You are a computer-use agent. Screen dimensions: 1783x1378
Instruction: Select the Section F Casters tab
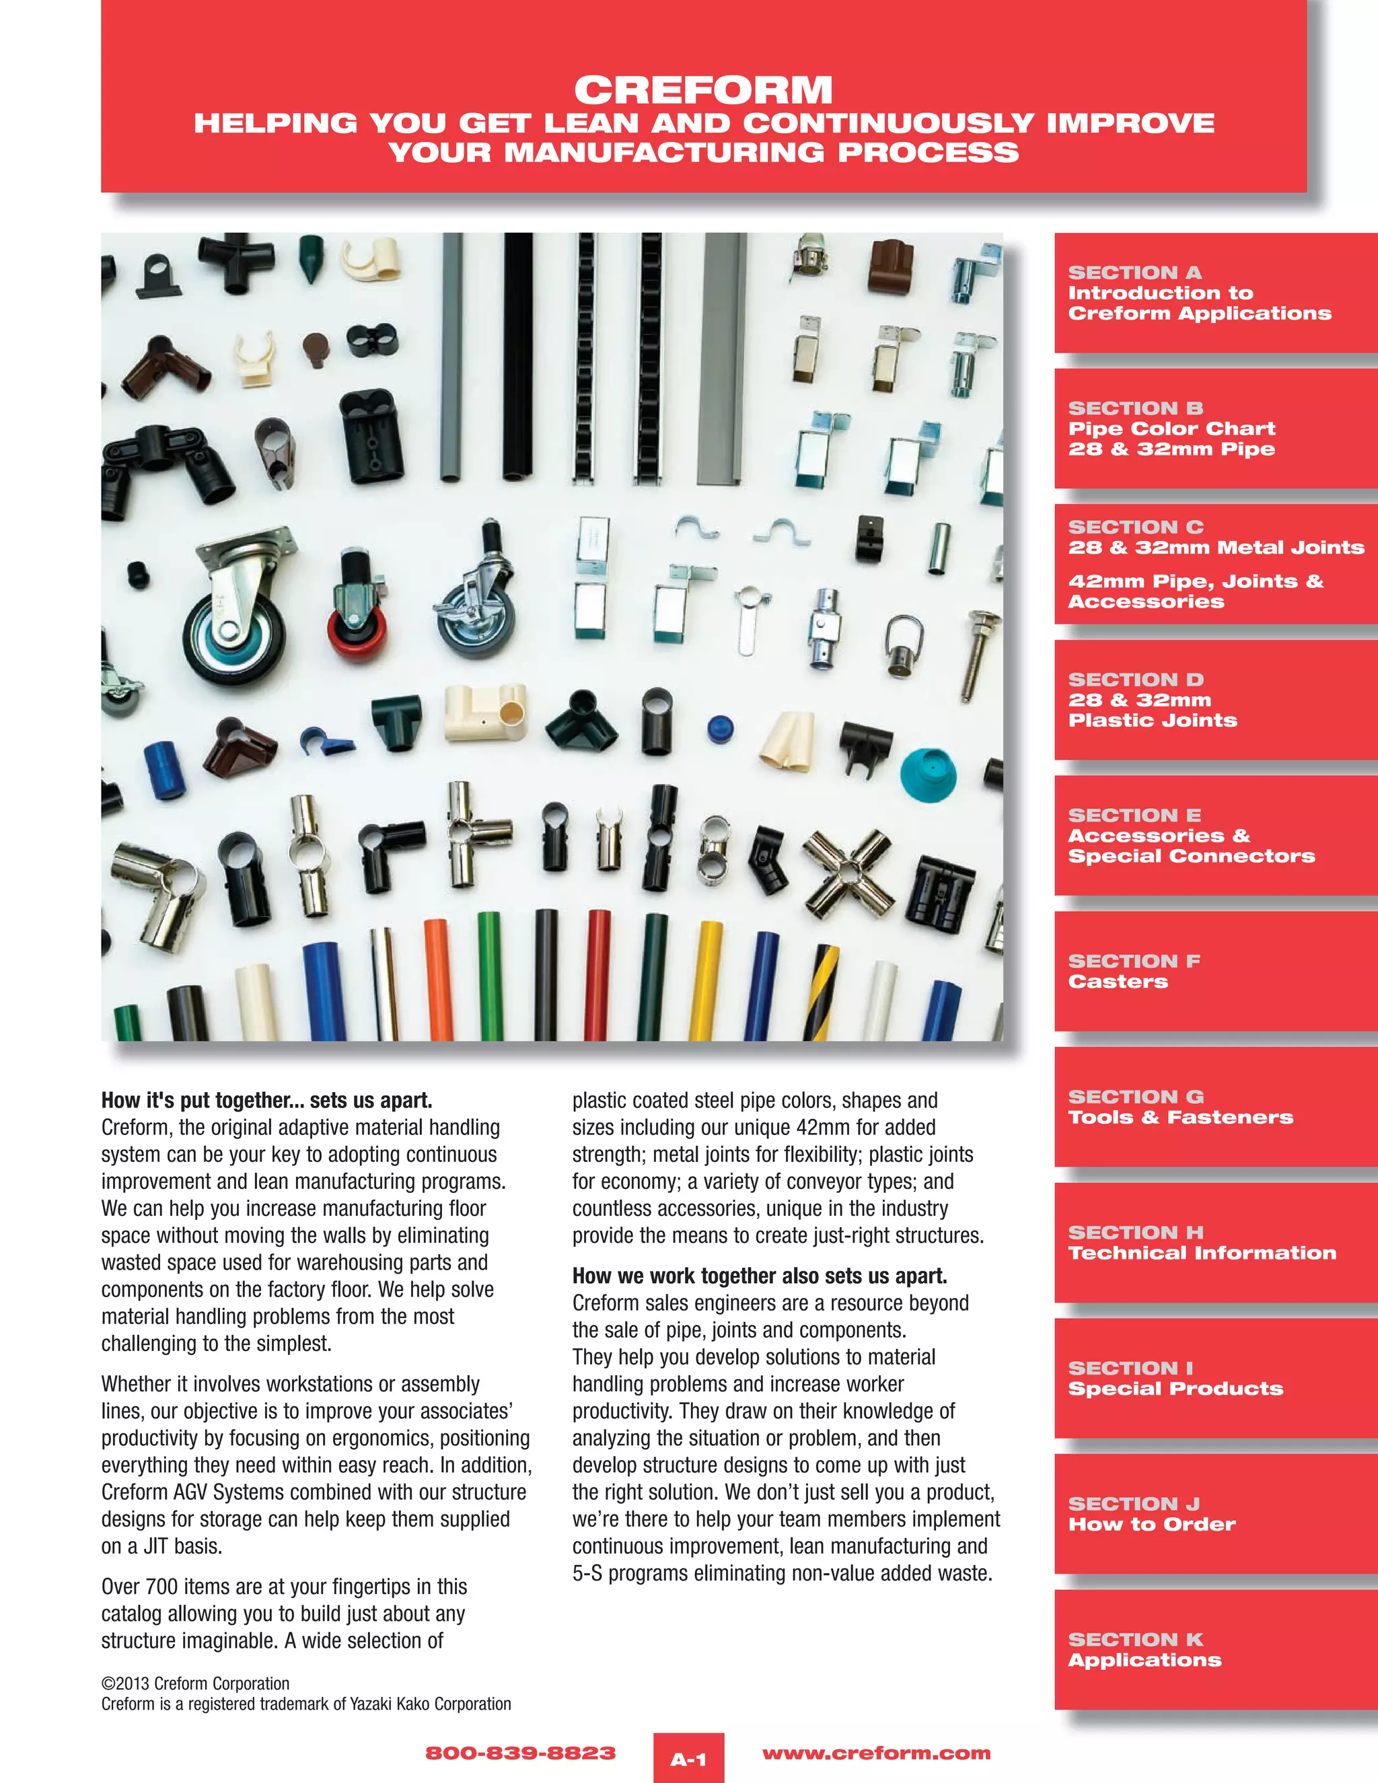pos(1214,971)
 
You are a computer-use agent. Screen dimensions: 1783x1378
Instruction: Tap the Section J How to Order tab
pos(1214,1514)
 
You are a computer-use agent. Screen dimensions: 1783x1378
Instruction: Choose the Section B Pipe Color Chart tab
pos(1214,428)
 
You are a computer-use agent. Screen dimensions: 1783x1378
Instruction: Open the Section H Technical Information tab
pos(1214,1243)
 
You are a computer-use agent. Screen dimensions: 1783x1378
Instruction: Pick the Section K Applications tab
pos(1214,1649)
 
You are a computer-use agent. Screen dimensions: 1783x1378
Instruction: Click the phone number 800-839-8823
pos(520,1753)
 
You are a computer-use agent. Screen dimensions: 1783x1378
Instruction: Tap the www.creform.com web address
pos(876,1753)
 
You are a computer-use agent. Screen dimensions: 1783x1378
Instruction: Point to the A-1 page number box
pos(688,1759)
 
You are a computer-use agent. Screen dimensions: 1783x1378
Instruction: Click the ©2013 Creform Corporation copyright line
pos(195,1683)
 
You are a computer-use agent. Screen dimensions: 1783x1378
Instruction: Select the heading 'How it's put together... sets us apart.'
pos(266,1101)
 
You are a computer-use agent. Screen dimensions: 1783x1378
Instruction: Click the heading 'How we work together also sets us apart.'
pos(759,1276)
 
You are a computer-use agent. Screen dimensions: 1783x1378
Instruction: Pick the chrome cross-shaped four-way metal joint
pos(849,873)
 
